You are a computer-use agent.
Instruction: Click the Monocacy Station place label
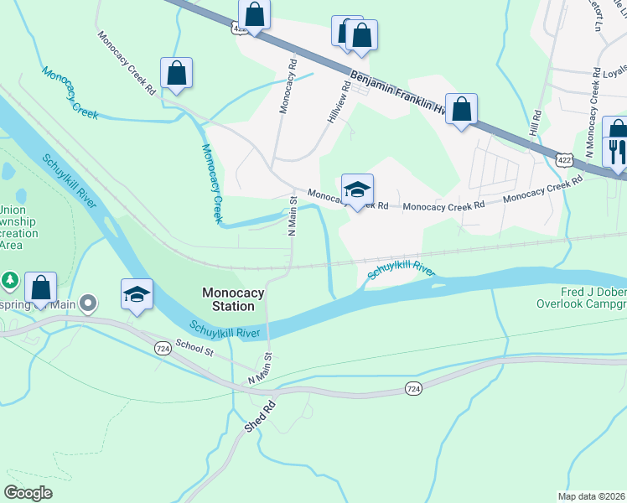(233, 299)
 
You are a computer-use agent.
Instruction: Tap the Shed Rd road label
(260, 416)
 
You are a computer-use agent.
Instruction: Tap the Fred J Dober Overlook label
(581, 298)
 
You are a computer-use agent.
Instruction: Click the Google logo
(28, 493)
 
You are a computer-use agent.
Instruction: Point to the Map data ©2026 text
(592, 496)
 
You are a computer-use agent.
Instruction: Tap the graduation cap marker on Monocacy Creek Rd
(357, 190)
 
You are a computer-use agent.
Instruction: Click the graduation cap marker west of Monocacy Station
(137, 295)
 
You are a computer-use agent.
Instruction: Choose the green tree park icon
(9, 278)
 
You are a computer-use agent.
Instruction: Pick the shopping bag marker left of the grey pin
(40, 288)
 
